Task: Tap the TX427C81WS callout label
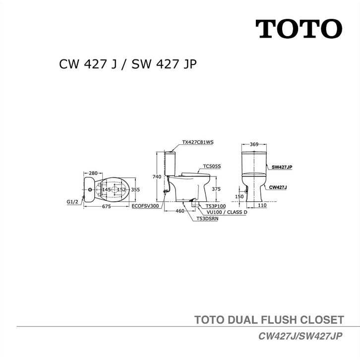[197, 142]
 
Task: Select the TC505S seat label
[212, 167]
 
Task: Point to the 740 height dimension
[157, 177]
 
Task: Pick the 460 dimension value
[180, 211]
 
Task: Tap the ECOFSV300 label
[145, 205]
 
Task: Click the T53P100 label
[215, 205]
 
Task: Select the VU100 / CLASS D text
[224, 212]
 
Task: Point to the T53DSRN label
[207, 218]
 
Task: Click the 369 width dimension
[254, 144]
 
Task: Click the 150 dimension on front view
[239, 196]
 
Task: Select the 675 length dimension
[107, 207]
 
